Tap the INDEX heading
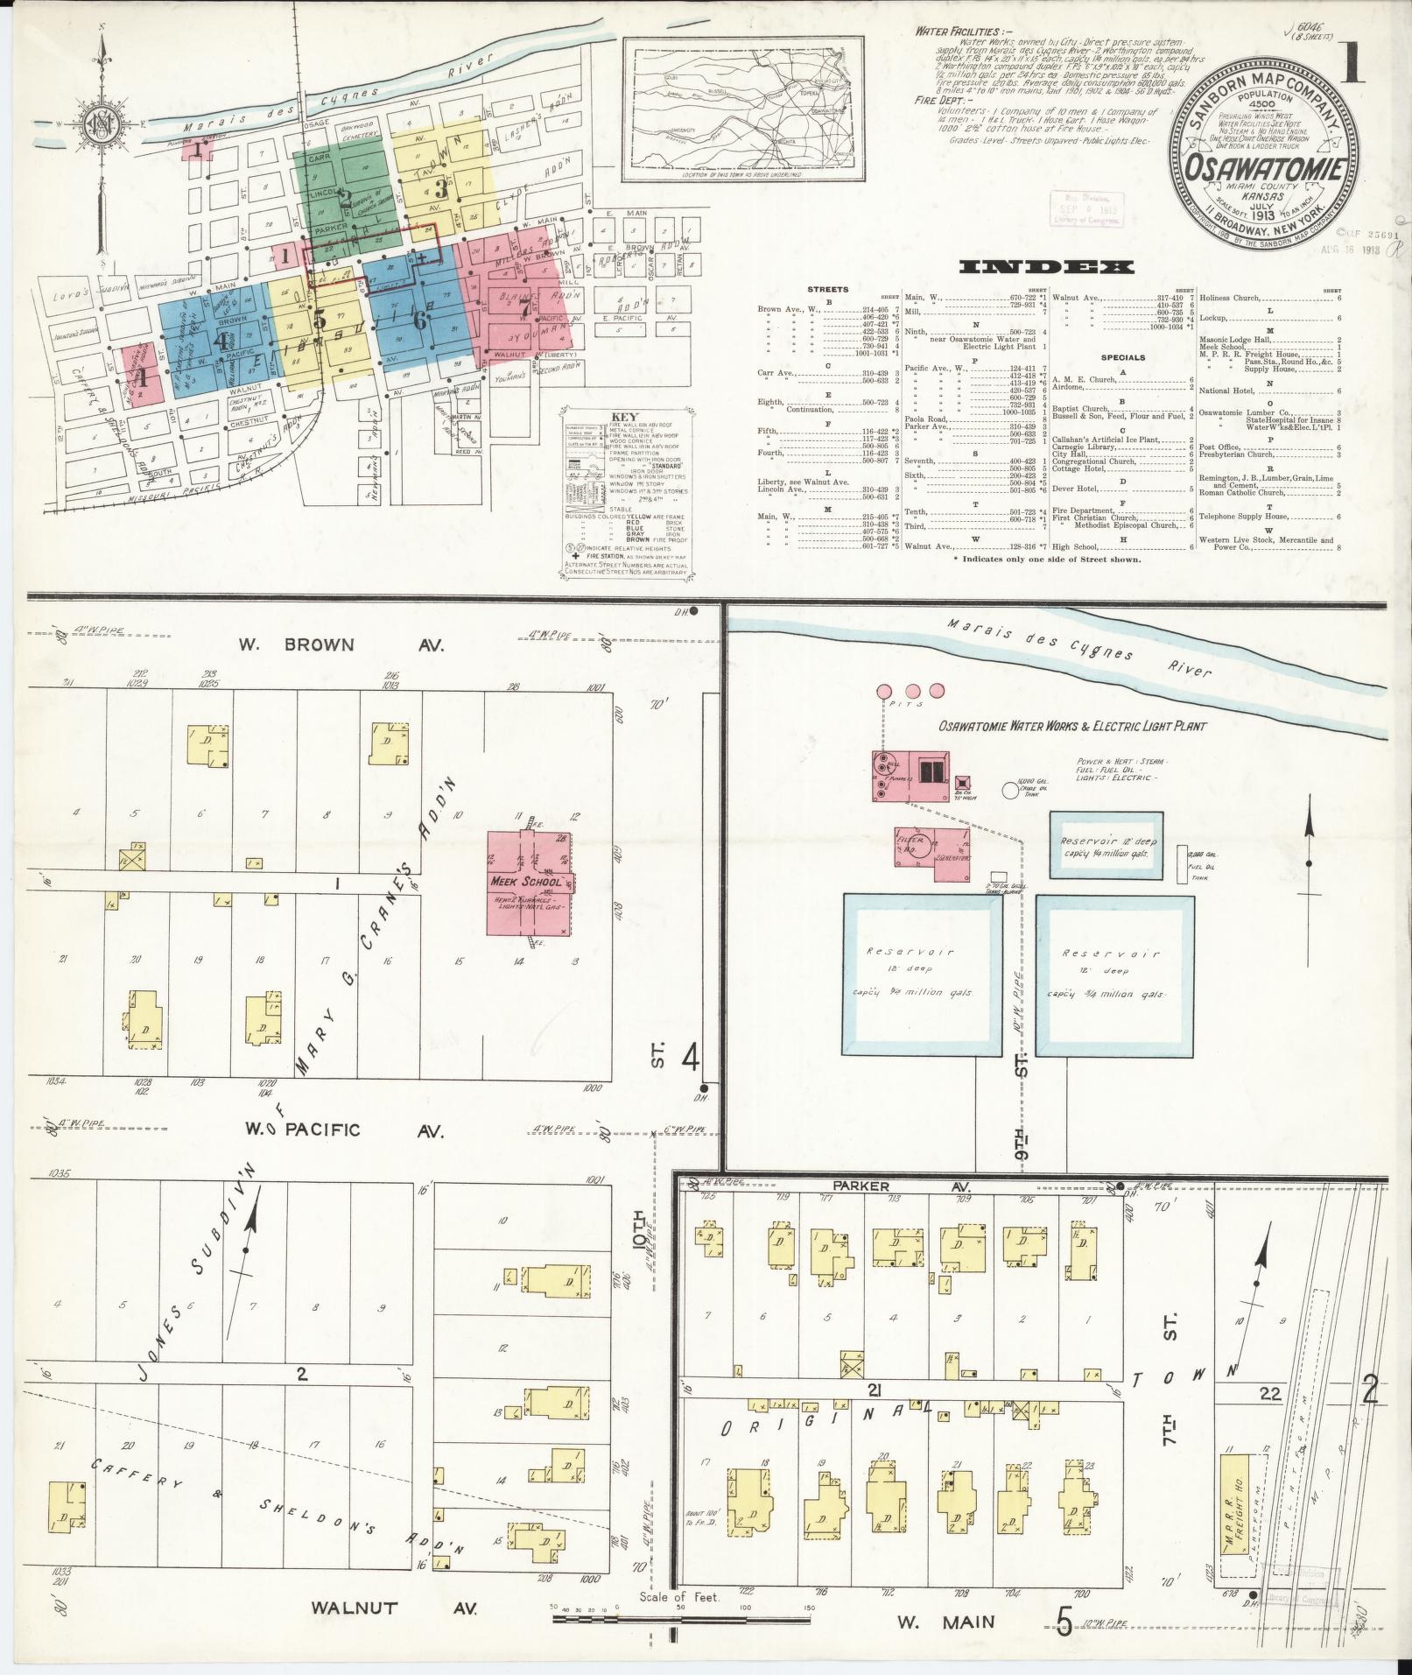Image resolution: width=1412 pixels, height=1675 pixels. tap(1046, 267)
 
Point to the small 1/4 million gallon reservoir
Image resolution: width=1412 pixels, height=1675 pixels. tap(1106, 845)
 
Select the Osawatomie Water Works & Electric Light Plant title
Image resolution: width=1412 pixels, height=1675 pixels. tap(1072, 726)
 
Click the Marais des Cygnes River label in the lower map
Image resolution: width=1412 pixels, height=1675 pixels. tap(1081, 649)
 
